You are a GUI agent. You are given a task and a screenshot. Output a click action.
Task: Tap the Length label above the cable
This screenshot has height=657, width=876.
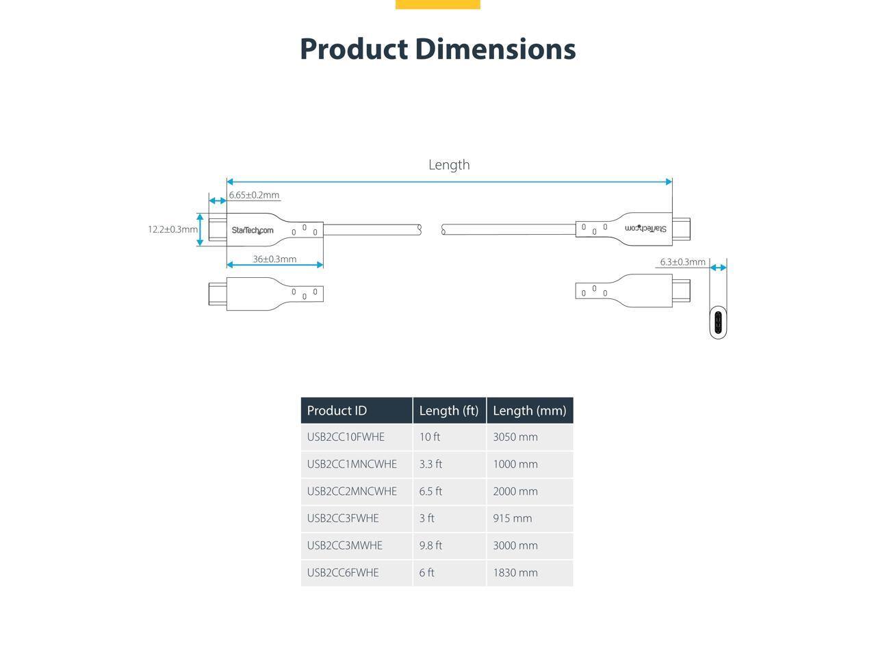coord(449,165)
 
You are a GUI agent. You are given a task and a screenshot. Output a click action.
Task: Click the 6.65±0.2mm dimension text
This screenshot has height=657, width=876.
coord(254,195)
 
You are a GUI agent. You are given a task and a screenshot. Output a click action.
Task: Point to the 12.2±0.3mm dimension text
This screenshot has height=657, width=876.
coord(172,229)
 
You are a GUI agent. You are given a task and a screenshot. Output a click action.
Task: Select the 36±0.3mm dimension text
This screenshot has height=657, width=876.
coord(274,259)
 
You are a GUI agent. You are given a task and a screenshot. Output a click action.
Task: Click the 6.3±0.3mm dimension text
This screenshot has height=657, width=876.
coord(682,262)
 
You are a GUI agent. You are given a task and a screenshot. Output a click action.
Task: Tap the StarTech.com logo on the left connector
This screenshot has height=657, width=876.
coord(252,230)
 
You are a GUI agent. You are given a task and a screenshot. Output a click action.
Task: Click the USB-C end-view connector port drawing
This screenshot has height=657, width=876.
coord(718,323)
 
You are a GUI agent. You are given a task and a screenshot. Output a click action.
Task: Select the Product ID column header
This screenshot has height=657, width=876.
coord(337,411)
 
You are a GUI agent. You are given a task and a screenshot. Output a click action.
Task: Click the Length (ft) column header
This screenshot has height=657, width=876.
coord(448,411)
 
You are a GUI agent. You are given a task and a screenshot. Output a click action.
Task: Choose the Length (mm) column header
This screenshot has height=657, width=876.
coord(529,411)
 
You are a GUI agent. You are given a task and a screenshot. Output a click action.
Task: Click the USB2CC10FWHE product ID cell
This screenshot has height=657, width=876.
coord(346,437)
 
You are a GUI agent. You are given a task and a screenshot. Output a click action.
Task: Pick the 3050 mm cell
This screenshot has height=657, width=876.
coord(515,437)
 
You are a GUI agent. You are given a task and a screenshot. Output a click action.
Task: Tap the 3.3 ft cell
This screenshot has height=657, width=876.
coord(430,464)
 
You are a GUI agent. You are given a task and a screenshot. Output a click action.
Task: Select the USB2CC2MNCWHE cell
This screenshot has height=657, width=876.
coord(352,491)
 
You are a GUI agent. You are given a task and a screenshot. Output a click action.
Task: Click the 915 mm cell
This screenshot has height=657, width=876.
coord(512,518)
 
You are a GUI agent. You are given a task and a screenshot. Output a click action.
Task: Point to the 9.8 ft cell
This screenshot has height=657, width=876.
coord(430,545)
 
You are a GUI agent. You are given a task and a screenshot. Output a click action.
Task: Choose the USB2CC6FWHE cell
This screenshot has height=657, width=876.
coord(342,573)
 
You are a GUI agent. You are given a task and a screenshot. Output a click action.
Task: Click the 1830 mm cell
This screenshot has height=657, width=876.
coord(515,573)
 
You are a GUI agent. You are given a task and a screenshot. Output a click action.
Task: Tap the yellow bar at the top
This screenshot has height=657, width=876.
coord(437,4)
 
